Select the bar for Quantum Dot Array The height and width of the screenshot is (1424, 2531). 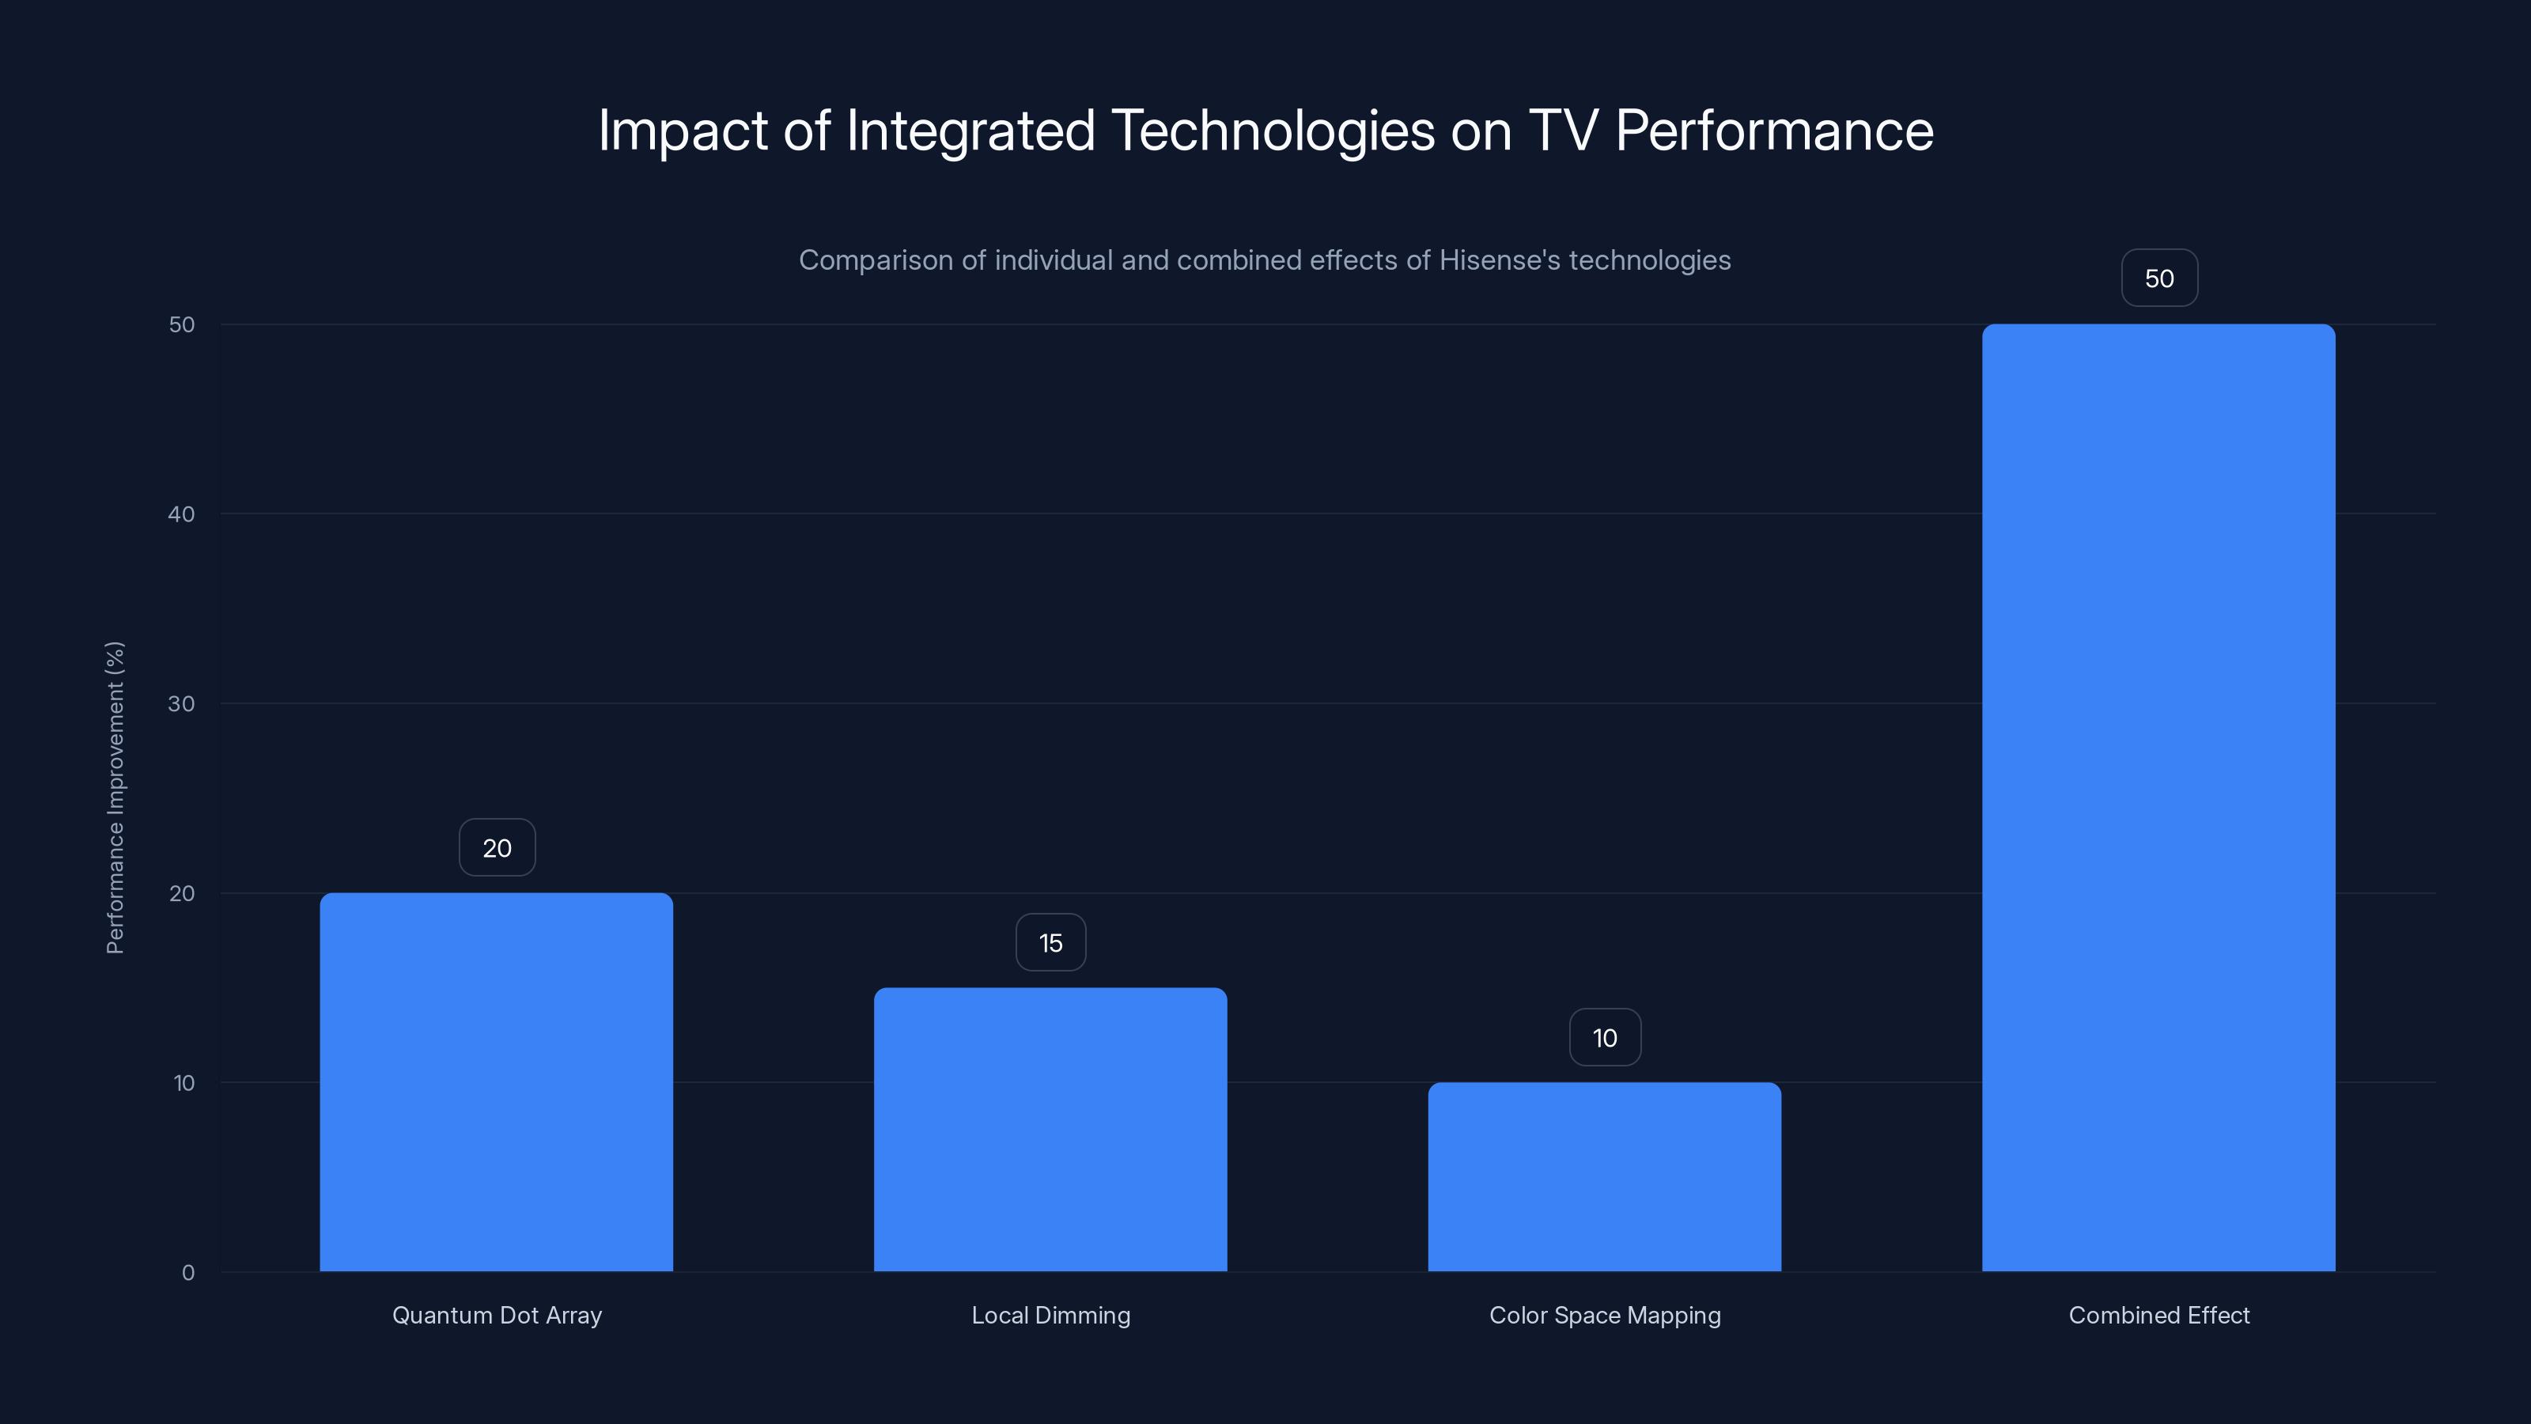coord(496,1081)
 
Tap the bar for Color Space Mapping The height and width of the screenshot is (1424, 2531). coord(1605,1176)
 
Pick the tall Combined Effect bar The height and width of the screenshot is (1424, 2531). coord(2158,797)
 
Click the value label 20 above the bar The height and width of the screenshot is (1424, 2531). coord(497,847)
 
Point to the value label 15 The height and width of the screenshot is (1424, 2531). coord(1050,942)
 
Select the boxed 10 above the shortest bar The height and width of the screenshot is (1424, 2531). coord(1605,1037)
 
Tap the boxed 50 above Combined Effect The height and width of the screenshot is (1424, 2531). coord(2158,278)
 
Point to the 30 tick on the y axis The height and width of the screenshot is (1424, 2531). coord(182,703)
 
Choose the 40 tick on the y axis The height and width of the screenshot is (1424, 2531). coord(182,514)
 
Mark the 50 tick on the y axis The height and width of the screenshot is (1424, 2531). coord(182,324)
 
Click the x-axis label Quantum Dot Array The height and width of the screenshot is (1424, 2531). coord(497,1315)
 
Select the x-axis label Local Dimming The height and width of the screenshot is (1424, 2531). coord(1050,1315)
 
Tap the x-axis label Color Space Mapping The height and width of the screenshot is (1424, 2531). coord(1605,1315)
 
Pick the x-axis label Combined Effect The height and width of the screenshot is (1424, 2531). coord(2158,1315)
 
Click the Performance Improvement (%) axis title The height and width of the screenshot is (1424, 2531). coord(115,797)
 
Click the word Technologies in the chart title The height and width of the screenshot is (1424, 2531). coord(1273,131)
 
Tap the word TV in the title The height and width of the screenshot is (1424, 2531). coord(1562,130)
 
